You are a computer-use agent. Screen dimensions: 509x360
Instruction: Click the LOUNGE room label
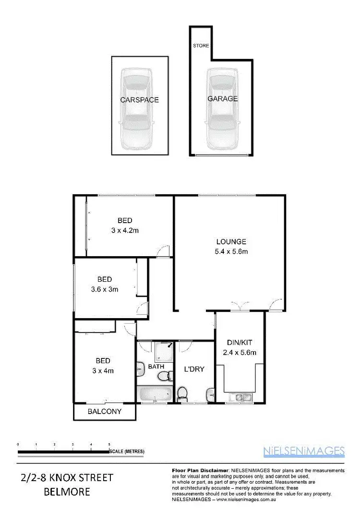(x=231, y=242)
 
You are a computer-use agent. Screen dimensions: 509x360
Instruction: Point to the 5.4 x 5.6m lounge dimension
(x=231, y=251)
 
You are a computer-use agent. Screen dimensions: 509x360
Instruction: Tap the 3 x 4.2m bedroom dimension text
(x=125, y=230)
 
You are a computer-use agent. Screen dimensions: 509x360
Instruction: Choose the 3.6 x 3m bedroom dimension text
(x=104, y=289)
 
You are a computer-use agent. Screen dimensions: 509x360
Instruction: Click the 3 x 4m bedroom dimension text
(x=103, y=370)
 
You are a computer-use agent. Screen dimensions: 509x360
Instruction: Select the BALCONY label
(x=104, y=411)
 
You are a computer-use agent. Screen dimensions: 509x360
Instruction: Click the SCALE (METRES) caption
(x=127, y=451)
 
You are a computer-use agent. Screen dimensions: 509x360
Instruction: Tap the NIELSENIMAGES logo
(x=304, y=450)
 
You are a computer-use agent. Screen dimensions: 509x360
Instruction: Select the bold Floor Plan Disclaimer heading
(x=199, y=470)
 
